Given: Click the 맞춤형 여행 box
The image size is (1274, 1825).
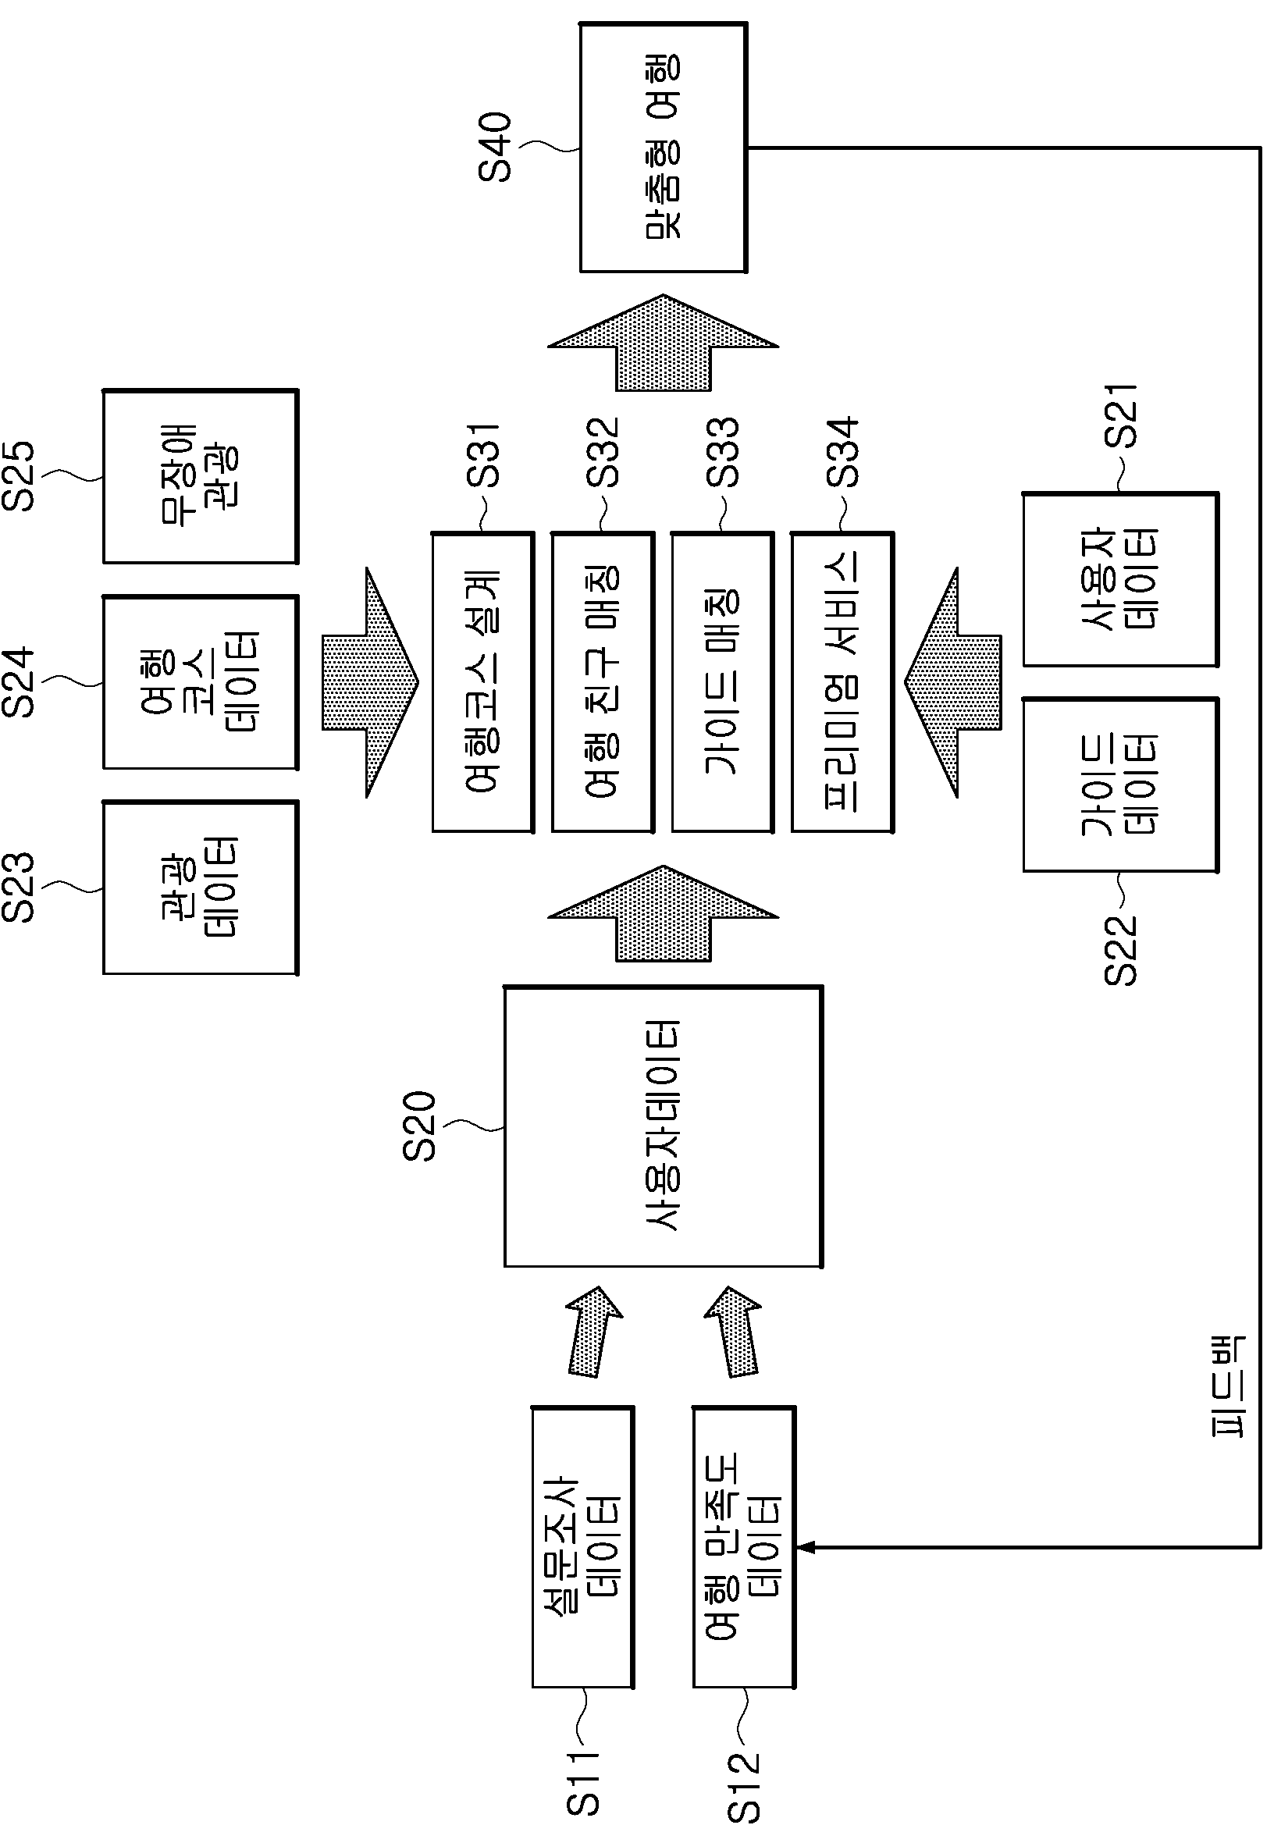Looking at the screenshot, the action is click(663, 147).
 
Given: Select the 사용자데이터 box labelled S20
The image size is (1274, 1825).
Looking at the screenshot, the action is click(663, 1126).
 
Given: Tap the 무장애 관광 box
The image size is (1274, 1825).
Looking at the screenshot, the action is click(201, 476).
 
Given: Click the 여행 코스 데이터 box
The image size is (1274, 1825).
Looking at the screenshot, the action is click(201, 682).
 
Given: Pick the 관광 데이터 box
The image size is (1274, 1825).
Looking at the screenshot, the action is click(201, 887).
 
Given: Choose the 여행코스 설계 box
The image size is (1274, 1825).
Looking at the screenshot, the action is click(482, 682).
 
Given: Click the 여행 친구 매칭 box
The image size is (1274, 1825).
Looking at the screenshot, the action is click(603, 682).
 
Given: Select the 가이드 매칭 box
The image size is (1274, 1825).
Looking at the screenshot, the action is click(722, 682).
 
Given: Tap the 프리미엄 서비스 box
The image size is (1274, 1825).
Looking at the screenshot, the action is click(842, 682).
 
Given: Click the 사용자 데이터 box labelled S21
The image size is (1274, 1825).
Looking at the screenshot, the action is click(1121, 579).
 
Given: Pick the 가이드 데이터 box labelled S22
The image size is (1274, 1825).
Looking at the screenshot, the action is click(1121, 784).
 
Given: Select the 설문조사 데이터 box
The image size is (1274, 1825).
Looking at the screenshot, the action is click(582, 1548).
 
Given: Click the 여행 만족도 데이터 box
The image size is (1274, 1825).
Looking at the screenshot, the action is click(744, 1548).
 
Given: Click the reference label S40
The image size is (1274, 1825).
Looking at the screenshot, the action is click(494, 147).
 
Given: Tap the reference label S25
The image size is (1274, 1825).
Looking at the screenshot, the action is click(18, 475).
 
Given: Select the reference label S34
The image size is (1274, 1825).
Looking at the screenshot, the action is click(842, 452).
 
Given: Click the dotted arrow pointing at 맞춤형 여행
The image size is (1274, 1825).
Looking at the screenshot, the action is click(663, 343).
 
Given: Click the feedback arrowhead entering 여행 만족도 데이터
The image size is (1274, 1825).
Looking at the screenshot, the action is click(805, 1547).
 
